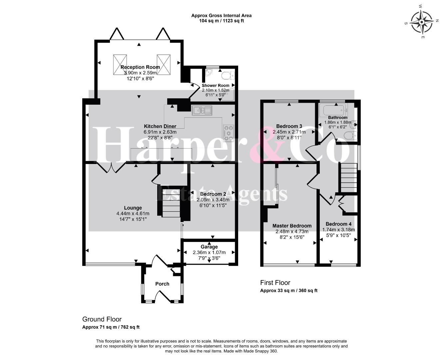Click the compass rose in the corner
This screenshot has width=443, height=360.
point(422,22)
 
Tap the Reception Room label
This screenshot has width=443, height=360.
point(140,67)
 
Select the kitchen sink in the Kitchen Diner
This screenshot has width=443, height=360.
point(202,110)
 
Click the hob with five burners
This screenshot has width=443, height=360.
point(228,133)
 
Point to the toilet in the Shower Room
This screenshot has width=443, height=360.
point(228,76)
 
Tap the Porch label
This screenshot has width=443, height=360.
point(162,284)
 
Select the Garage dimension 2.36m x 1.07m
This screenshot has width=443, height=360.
point(209,252)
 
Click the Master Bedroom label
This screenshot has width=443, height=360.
point(292,226)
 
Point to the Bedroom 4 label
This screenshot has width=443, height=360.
point(339,224)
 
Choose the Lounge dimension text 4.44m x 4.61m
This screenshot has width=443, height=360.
point(133,214)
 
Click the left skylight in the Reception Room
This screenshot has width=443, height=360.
point(120,65)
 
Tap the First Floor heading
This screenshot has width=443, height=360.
point(275,283)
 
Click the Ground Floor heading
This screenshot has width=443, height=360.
point(102,319)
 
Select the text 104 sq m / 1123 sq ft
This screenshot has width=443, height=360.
point(221,21)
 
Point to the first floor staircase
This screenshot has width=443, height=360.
point(349,178)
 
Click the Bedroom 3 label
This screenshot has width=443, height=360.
point(289,126)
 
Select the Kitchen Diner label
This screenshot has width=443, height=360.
point(160,126)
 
